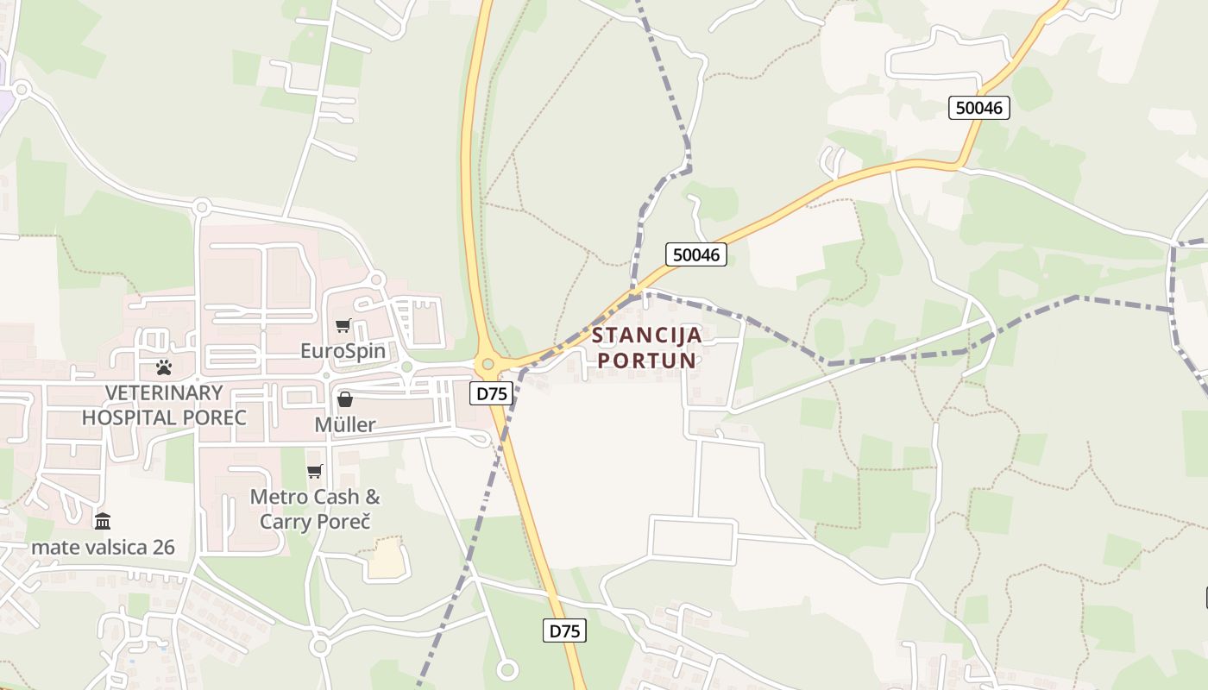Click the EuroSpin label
click(x=343, y=351)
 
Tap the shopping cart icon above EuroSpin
click(x=343, y=325)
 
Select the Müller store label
click(x=344, y=424)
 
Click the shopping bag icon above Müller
click(x=344, y=399)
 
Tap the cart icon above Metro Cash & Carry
click(x=315, y=471)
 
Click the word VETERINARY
click(x=164, y=393)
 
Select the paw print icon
click(x=164, y=367)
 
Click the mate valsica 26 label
click(x=103, y=547)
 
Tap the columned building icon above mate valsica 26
click(x=103, y=521)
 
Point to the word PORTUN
click(x=647, y=360)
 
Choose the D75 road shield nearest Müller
click(x=492, y=394)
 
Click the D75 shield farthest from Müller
click(x=565, y=630)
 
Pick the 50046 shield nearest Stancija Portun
click(x=696, y=254)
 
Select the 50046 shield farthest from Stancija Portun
click(x=978, y=108)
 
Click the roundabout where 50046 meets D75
click(x=488, y=364)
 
